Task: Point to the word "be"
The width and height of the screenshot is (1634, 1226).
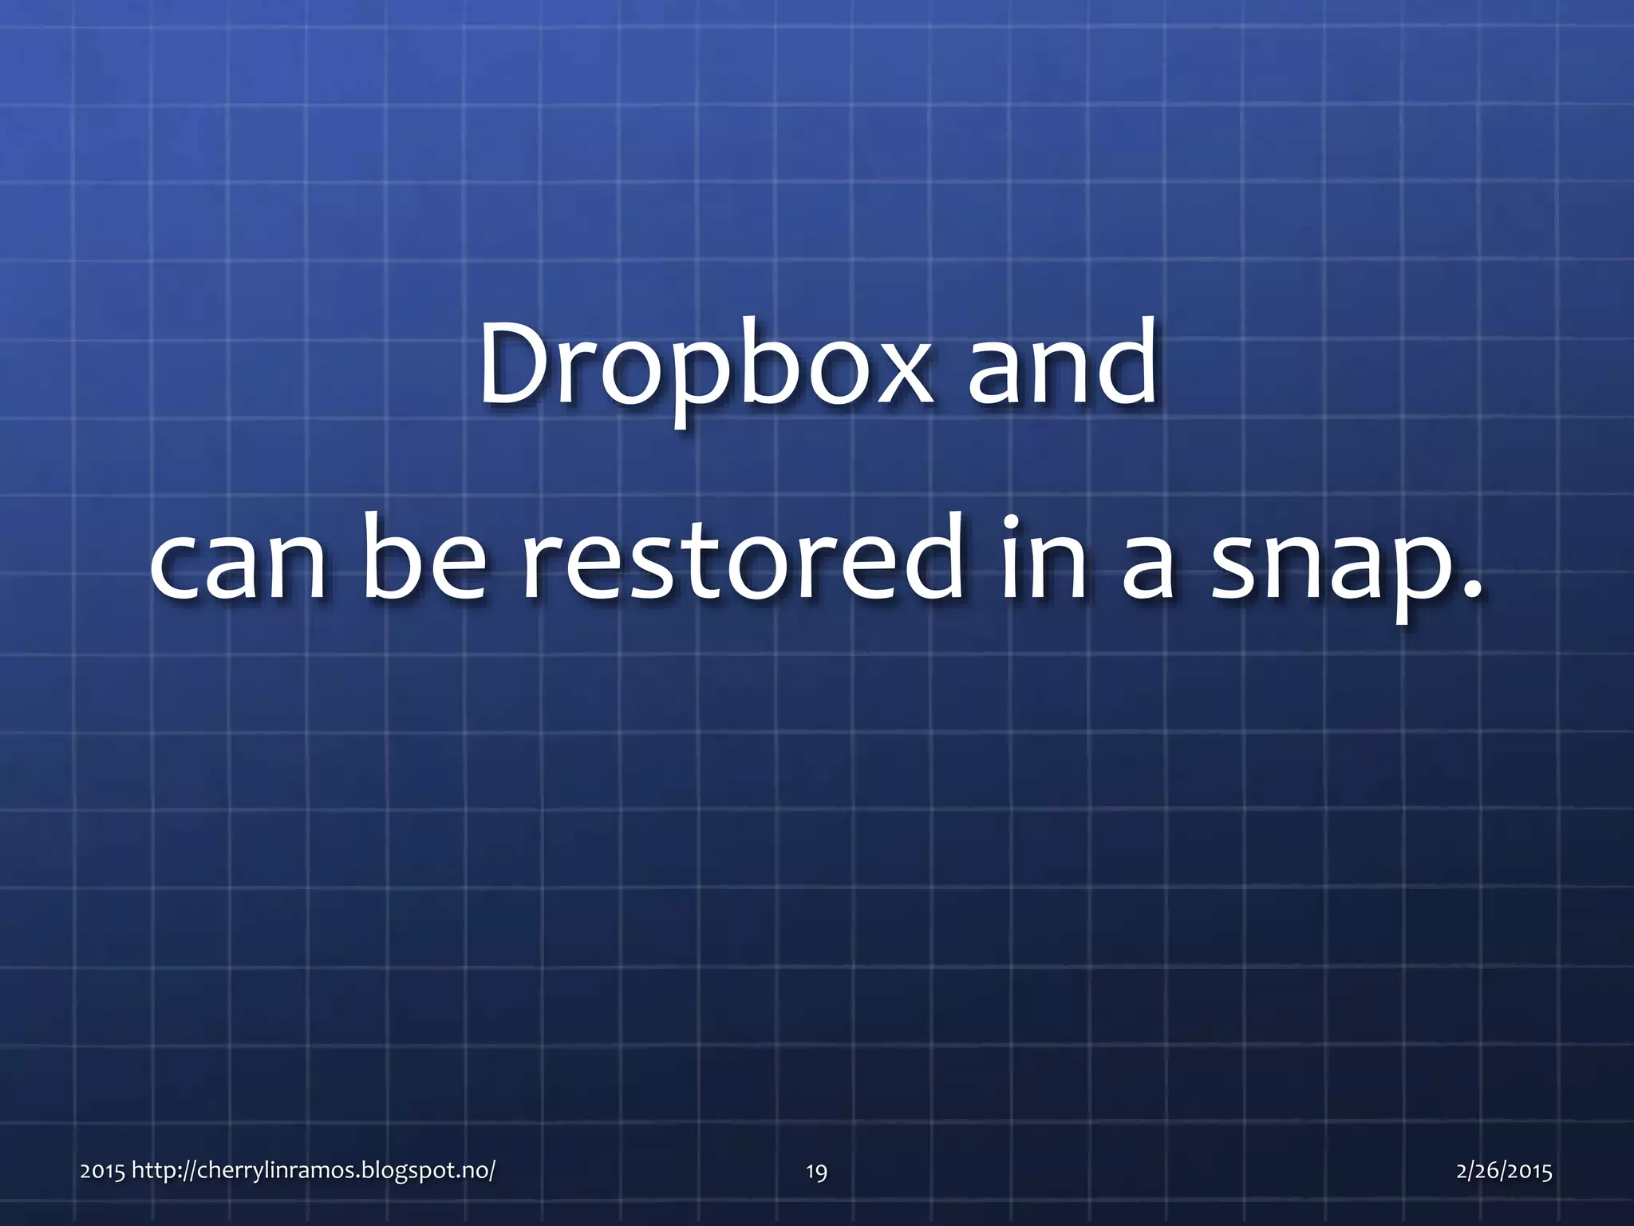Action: pos(424,559)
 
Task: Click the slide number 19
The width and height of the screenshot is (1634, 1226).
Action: pos(816,1172)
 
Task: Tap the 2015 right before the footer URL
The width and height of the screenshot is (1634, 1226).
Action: pos(102,1171)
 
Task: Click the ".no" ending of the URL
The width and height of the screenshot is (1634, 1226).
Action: pos(476,1171)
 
